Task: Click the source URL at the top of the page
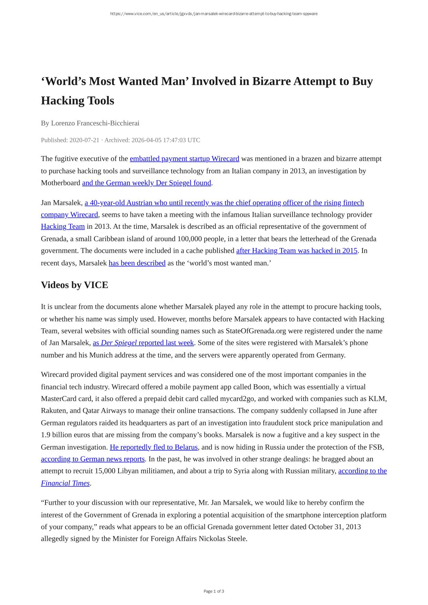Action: (x=214, y=14)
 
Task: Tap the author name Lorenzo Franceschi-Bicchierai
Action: (x=95, y=123)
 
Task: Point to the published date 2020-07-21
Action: (x=84, y=140)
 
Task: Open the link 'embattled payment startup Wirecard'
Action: (x=184, y=159)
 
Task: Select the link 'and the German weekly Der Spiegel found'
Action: (x=146, y=183)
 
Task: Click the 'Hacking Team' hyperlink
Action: (x=63, y=227)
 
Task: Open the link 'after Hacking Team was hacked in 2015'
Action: (x=297, y=251)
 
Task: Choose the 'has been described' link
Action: (x=137, y=263)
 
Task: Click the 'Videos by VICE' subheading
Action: (x=74, y=285)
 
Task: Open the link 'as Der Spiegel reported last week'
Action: (x=143, y=343)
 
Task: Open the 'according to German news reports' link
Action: (x=93, y=459)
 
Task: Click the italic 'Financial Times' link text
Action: (x=65, y=483)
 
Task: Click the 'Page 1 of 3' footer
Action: (x=214, y=592)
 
